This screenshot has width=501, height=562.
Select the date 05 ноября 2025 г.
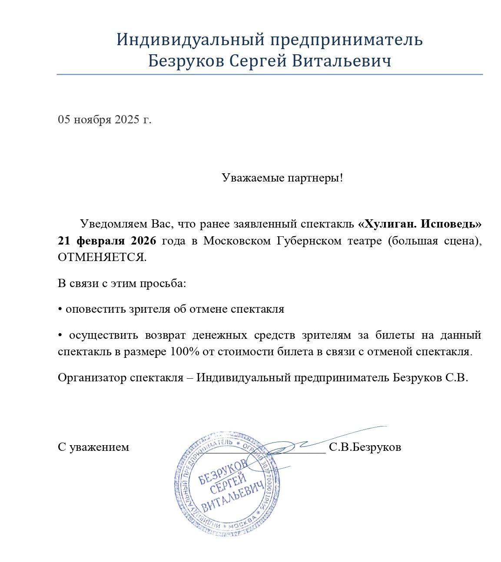(x=105, y=119)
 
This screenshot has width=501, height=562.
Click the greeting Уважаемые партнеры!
(x=282, y=178)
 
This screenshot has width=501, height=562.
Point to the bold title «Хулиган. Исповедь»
(x=420, y=224)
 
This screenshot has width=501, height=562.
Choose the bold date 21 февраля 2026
(x=107, y=241)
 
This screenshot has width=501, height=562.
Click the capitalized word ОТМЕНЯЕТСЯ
(x=102, y=257)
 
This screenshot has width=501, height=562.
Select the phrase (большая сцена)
(x=435, y=241)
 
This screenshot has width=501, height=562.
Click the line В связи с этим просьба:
(x=122, y=284)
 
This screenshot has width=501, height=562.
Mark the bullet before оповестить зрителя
(x=60, y=309)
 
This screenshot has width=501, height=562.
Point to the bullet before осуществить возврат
(x=60, y=335)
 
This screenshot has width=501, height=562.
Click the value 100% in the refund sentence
(x=185, y=351)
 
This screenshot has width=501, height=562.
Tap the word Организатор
(x=92, y=377)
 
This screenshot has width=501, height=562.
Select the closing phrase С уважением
(x=93, y=447)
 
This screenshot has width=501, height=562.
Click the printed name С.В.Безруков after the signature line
(x=365, y=447)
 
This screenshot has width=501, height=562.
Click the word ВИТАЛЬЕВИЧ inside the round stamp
(x=233, y=497)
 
